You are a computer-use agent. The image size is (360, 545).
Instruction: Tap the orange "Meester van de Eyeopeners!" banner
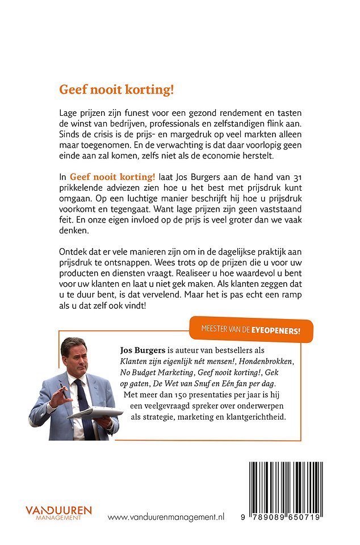tap(250, 329)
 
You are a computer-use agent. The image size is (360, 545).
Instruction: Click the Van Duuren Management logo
tap(58, 513)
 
